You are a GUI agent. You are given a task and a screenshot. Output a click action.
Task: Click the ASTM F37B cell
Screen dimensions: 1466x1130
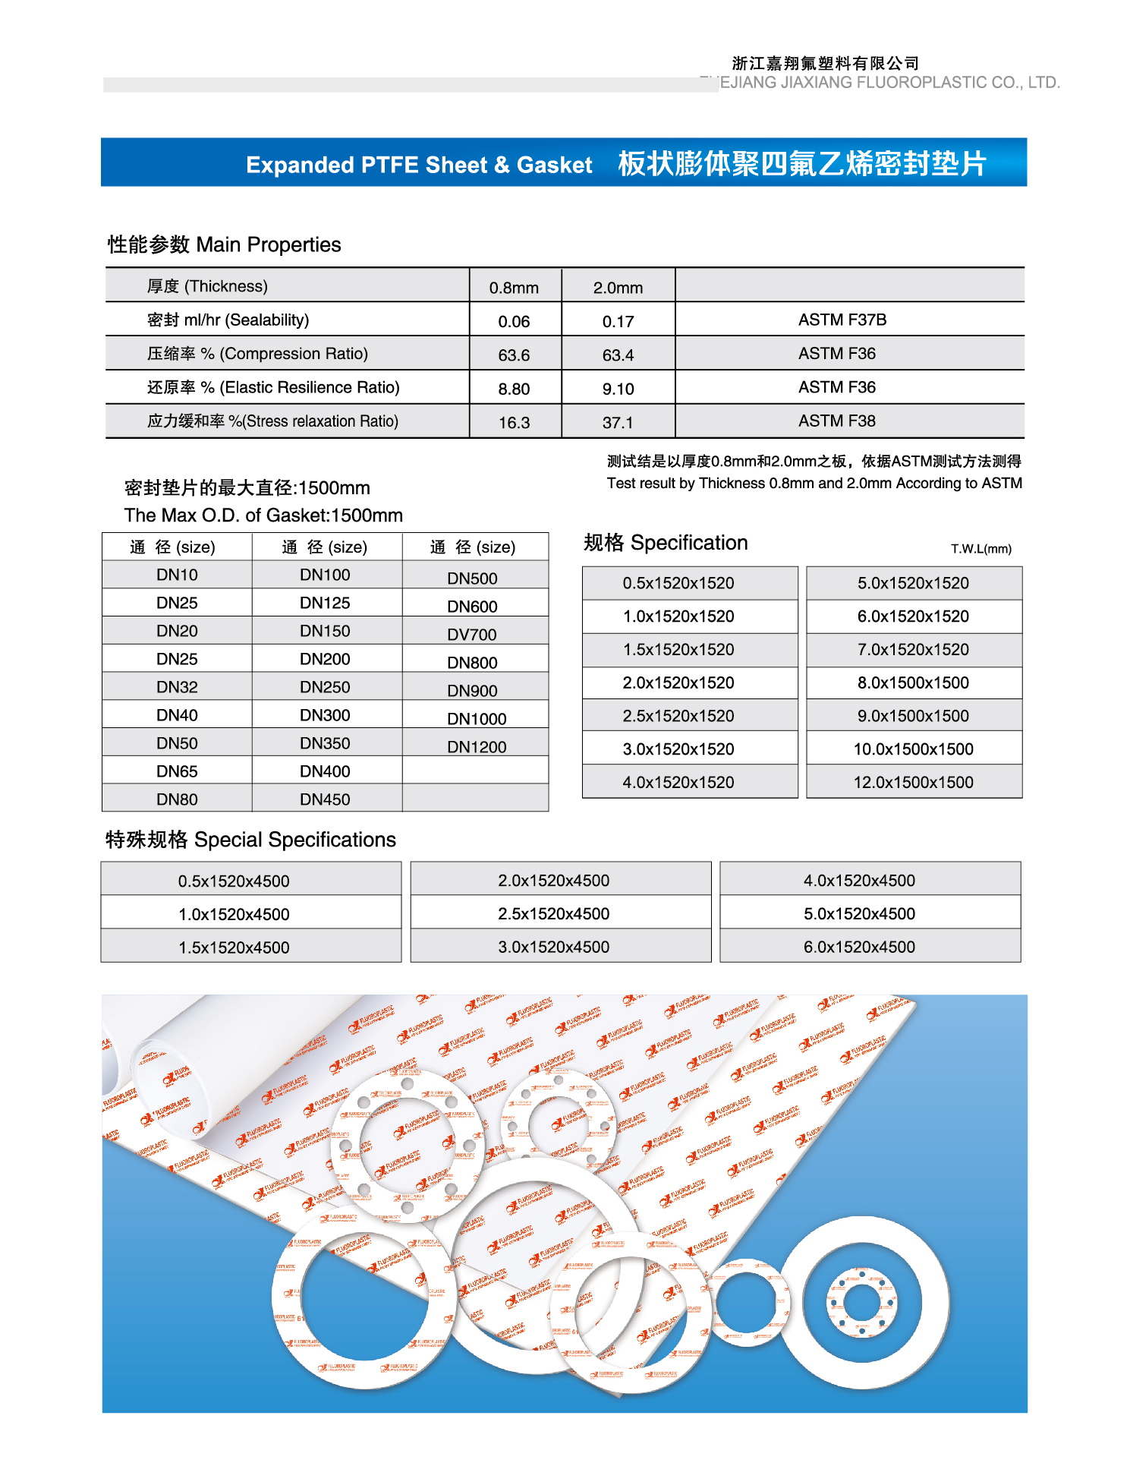(842, 320)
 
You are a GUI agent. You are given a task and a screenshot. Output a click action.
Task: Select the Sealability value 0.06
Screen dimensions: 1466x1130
(514, 322)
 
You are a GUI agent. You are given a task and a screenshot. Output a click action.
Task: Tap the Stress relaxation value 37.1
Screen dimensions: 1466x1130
(618, 423)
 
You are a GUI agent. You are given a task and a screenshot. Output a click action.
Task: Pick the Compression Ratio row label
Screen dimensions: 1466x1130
(257, 354)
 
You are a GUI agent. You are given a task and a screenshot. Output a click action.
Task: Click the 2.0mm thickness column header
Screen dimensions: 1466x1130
(618, 288)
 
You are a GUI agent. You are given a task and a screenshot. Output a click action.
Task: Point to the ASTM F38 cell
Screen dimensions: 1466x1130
(836, 421)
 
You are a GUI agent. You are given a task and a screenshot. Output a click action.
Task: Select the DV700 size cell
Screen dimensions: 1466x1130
(472, 635)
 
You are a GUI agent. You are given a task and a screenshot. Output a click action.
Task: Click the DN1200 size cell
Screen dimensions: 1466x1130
(477, 747)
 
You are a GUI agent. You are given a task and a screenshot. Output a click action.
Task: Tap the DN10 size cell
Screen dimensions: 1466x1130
(177, 575)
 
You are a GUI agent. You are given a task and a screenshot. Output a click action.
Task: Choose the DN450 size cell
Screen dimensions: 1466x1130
(325, 799)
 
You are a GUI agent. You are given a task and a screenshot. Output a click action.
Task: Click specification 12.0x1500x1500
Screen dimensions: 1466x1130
(913, 782)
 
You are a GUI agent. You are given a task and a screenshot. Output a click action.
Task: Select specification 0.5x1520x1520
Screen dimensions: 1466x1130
(678, 583)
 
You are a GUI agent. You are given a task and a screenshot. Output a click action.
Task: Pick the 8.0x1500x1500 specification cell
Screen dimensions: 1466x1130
(913, 683)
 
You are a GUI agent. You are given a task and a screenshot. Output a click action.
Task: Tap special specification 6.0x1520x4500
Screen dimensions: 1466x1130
(859, 947)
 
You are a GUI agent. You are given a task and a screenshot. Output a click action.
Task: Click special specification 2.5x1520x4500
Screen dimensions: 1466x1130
(553, 913)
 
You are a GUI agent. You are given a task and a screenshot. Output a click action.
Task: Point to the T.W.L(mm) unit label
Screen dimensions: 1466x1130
(980, 549)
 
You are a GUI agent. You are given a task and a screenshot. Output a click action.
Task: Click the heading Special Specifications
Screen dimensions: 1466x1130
(250, 840)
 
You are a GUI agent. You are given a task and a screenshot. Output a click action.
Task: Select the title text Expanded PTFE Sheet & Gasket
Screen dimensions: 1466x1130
(419, 165)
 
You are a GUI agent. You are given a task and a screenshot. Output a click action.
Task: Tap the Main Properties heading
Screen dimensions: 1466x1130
(224, 244)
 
